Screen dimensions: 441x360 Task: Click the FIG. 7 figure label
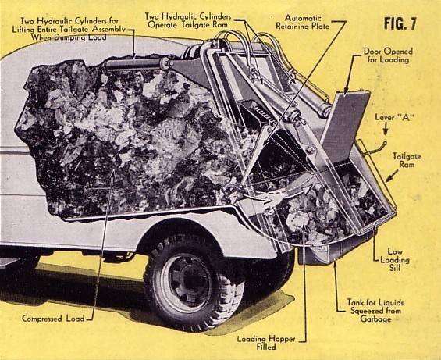pos(400,23)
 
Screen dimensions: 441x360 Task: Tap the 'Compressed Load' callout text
pos(53,319)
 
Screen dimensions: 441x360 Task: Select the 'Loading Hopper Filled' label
pos(266,343)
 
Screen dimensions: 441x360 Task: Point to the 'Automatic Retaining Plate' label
pos(303,22)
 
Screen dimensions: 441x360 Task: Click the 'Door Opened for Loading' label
pos(388,55)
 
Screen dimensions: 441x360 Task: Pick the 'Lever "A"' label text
pos(394,117)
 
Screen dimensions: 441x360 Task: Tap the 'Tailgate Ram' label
pos(407,160)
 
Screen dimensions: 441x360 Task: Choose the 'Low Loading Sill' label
pos(395,259)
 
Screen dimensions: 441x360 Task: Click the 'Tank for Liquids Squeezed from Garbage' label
pos(375,311)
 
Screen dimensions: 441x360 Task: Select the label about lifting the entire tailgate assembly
pos(69,29)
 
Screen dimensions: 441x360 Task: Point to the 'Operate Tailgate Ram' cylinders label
pos(188,20)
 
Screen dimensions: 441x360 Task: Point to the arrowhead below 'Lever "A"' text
pos(386,131)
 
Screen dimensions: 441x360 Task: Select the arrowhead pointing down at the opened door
pos(347,90)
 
